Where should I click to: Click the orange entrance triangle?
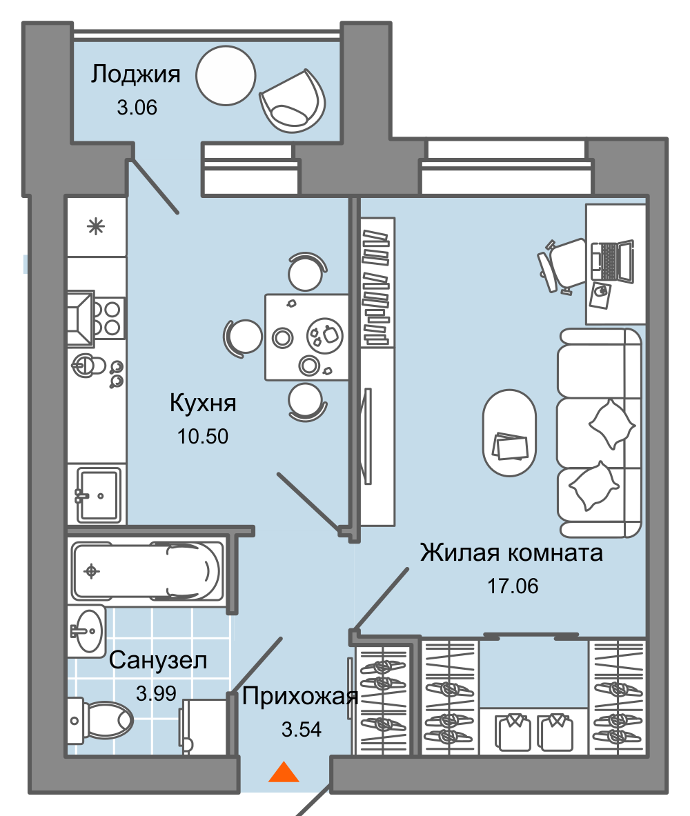click(284, 773)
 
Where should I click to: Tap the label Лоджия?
click(136, 74)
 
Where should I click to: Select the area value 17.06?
click(512, 586)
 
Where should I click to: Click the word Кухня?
click(203, 403)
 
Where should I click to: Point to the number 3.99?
click(156, 693)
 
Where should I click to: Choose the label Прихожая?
click(300, 697)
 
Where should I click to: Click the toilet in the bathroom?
click(102, 719)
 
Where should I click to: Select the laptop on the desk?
click(613, 262)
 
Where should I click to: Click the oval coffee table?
click(509, 433)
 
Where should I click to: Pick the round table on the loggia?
click(226, 74)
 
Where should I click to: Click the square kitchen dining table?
click(306, 337)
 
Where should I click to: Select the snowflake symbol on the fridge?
click(96, 226)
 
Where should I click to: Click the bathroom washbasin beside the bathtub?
click(88, 630)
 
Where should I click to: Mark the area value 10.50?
click(203, 436)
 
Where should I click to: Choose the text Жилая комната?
click(511, 553)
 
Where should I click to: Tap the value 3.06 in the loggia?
click(137, 108)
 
